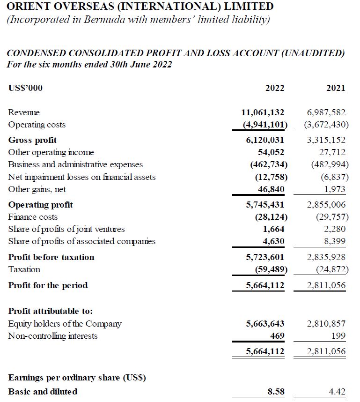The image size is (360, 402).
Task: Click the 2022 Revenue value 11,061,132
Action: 263,112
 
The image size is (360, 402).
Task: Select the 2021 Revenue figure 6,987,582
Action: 326,112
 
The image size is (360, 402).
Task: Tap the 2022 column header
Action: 275,88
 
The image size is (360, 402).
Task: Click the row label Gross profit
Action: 32,140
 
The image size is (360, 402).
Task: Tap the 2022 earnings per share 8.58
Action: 276,392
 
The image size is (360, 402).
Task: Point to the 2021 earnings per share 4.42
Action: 337,392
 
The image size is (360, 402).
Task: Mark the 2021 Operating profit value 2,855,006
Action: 326,205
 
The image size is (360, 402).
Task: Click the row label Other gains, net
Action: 37,189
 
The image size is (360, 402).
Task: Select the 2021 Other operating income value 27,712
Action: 333,152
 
